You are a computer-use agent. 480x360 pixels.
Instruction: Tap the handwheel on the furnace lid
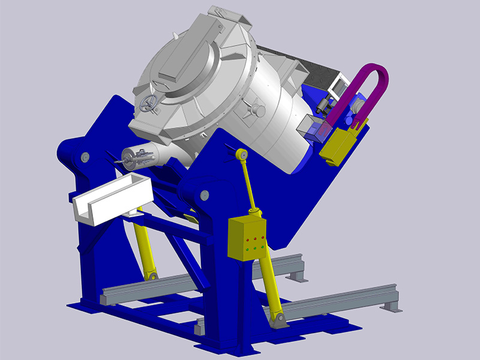pyautogui.click(x=148, y=104)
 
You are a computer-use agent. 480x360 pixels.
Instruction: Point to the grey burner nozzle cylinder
pyautogui.click(x=140, y=157)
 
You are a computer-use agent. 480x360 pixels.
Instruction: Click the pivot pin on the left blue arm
pyautogui.click(x=84, y=157)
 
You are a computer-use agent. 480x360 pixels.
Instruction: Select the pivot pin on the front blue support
pyautogui.click(x=205, y=194)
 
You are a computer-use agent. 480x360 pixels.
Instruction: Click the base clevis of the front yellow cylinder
pyautogui.click(x=277, y=321)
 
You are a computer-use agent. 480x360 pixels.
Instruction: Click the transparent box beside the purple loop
pyautogui.click(x=314, y=128)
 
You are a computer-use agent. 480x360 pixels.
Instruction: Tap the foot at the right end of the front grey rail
pyautogui.click(x=392, y=306)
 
